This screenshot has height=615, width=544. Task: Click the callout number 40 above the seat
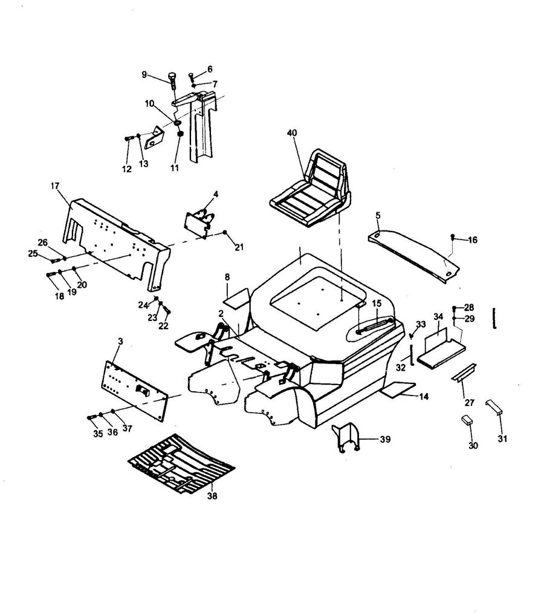[x=292, y=133]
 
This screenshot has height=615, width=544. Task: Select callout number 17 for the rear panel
[x=54, y=186]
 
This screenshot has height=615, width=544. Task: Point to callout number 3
[x=121, y=342]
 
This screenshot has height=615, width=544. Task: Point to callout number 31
[x=502, y=439]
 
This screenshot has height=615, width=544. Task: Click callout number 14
[x=424, y=397]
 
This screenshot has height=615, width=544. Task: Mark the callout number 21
[x=239, y=247]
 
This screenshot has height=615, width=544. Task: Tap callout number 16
[x=472, y=240]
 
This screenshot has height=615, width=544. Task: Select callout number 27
[x=469, y=402]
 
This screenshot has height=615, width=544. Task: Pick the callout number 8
[x=227, y=278]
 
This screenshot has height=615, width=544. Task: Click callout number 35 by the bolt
[x=97, y=433]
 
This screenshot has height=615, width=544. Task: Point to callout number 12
[x=127, y=169]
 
